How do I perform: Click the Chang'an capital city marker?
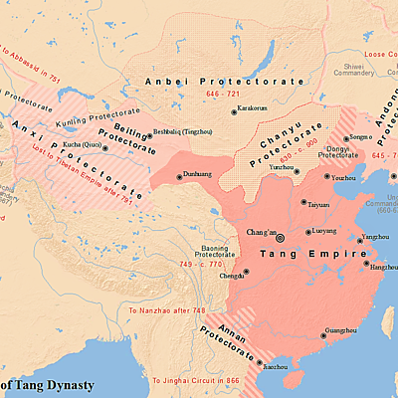tap(280, 238)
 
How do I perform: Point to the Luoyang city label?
tap(324, 231)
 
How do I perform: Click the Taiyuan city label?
tap(318, 204)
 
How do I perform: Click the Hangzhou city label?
tap(384, 267)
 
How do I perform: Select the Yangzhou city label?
tap(376, 237)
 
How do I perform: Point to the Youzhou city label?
tap(344, 177)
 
